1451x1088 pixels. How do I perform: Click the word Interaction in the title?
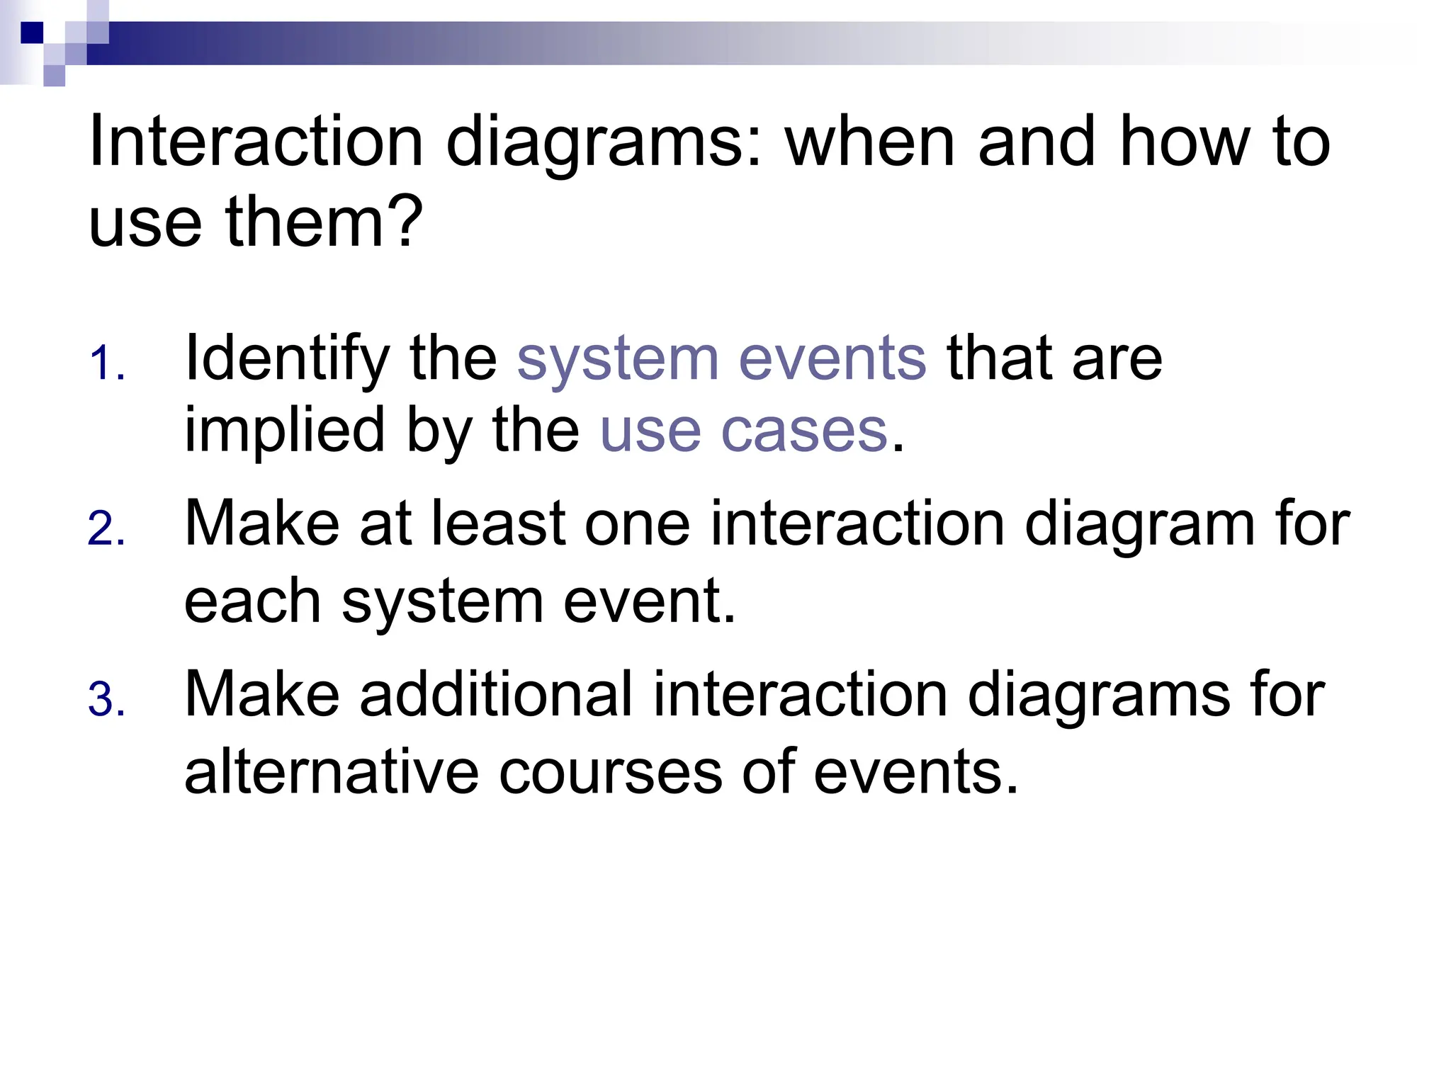coord(256,142)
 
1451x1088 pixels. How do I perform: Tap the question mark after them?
coord(407,221)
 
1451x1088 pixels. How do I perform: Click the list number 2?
coord(106,529)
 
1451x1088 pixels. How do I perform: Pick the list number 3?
coord(106,700)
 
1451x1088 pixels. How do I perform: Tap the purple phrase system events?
coord(721,358)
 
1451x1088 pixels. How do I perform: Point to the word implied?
coord(284,433)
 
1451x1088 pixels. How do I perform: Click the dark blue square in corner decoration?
coord(32,33)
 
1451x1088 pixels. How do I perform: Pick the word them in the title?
coord(305,221)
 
